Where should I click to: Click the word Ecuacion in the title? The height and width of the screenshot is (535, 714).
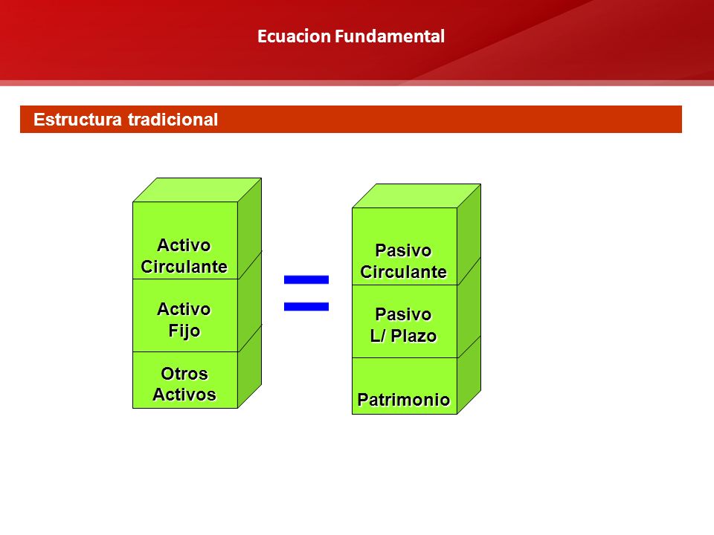(x=295, y=36)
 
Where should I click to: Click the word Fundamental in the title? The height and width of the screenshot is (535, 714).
(x=390, y=36)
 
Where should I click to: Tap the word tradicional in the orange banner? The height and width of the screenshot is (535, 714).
(x=173, y=120)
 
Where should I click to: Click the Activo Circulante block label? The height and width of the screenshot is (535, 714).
(x=184, y=256)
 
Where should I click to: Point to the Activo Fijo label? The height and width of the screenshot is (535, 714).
(x=184, y=320)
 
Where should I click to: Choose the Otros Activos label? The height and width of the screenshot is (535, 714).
(x=184, y=384)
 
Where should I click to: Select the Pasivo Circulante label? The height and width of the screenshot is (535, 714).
(x=403, y=261)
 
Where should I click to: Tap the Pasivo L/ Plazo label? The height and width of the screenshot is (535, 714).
(x=403, y=325)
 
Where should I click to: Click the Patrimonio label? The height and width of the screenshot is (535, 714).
(x=403, y=400)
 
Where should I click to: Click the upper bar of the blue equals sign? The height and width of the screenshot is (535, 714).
(x=306, y=279)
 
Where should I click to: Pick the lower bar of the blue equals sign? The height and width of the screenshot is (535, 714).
(x=306, y=307)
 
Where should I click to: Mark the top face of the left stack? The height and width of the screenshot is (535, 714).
(x=197, y=189)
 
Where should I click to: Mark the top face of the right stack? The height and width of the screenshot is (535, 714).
(x=416, y=195)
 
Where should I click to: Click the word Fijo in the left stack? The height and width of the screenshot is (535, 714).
(x=184, y=331)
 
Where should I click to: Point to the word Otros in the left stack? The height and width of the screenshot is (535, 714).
(x=184, y=374)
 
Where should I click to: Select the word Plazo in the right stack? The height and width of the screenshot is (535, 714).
(x=414, y=336)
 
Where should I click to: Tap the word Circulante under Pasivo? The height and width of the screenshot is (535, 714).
(x=403, y=272)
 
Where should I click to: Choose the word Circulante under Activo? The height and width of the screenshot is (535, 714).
(x=184, y=267)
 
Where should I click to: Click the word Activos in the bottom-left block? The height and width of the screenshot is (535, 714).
(x=184, y=395)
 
